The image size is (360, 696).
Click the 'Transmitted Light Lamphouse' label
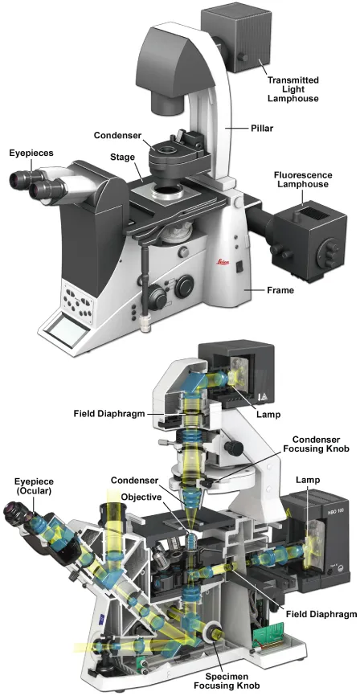click(293, 89)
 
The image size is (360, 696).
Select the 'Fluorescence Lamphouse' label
click(303, 179)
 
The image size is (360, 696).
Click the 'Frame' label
click(280, 290)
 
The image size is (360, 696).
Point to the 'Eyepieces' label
click(31, 154)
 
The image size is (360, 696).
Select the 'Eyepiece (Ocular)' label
click(34, 486)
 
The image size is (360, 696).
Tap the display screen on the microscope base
click(65, 330)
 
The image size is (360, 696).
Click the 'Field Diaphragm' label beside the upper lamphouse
click(109, 414)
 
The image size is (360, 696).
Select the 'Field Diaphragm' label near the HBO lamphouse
click(321, 614)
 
